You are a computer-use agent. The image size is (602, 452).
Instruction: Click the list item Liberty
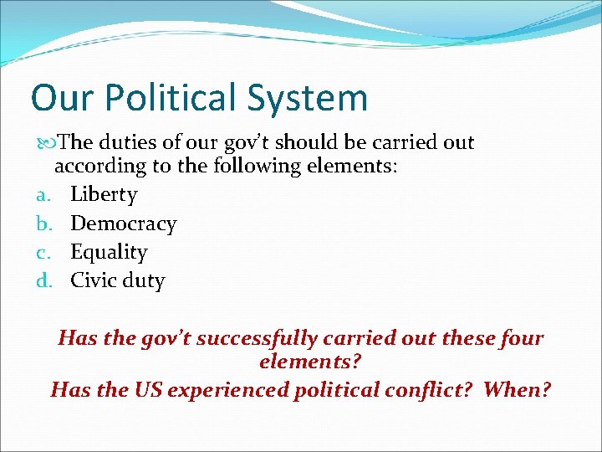tap(104, 195)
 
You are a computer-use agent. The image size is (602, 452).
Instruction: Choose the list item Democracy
tap(124, 223)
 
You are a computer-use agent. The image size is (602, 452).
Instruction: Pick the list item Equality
tap(109, 252)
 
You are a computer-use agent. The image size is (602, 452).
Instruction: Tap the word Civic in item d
tap(93, 280)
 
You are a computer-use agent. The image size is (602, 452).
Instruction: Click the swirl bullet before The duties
tap(44, 143)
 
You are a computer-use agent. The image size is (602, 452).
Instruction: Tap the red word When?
tap(518, 389)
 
